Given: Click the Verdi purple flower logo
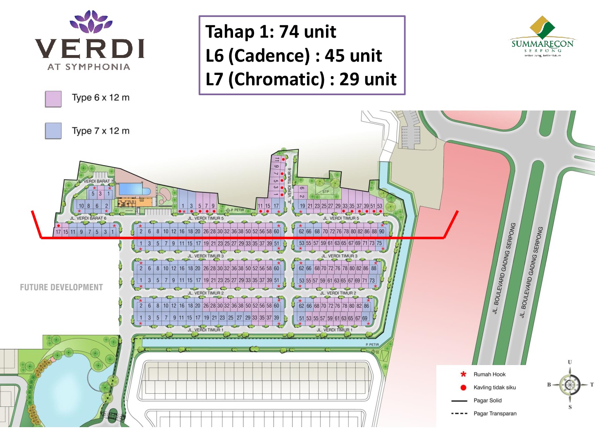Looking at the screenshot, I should pos(91,22).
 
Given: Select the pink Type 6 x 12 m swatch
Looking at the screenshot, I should pos(53,99).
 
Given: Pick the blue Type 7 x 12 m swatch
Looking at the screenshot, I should pos(53,131).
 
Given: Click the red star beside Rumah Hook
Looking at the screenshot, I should pos(463,374).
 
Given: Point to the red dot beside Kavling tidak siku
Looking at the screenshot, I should pos(463,387).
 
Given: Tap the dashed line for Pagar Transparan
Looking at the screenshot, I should pos(459,413).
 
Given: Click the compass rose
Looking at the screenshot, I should pos(570,385).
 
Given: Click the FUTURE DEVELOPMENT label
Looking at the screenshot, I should pos(61,287).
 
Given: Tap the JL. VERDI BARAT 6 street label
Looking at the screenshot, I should pos(88,218).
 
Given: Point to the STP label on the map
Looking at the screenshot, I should pos(326,192).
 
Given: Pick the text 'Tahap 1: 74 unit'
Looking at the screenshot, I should pos(271,32).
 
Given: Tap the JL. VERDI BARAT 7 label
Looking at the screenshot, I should pos(95,181).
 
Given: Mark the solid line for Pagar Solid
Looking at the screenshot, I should pos(459,401).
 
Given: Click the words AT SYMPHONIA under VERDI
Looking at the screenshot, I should pos(89,67).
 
